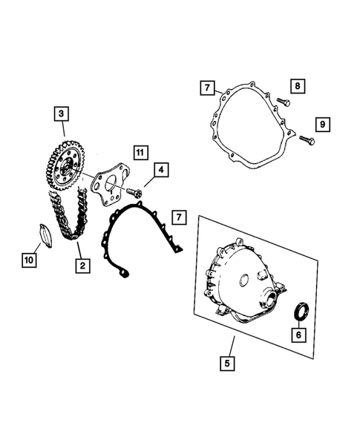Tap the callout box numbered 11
140,152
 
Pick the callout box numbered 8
295,87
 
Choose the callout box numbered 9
321,123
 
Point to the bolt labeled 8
284,101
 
